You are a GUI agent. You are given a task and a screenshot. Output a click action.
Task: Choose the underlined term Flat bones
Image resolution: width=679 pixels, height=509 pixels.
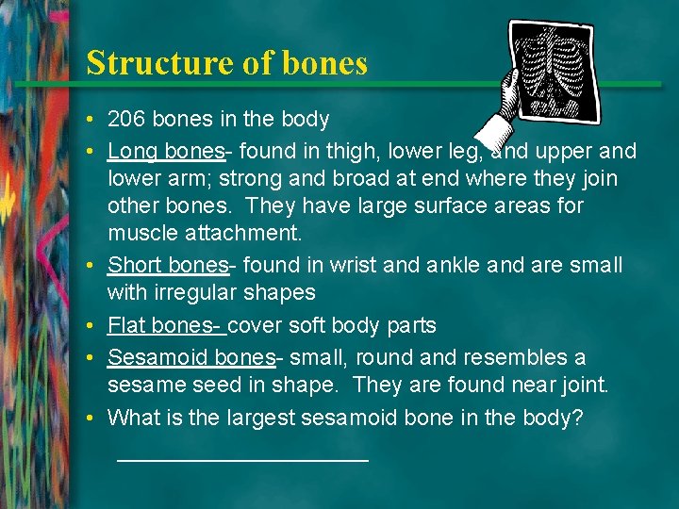point(164,326)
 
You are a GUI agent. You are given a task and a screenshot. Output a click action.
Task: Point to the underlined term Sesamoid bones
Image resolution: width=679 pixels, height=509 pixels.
point(190,358)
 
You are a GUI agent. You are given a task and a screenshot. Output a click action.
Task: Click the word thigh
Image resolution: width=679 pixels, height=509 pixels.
point(357,152)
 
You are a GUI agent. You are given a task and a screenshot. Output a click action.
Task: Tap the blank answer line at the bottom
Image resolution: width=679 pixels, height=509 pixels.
point(242,459)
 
